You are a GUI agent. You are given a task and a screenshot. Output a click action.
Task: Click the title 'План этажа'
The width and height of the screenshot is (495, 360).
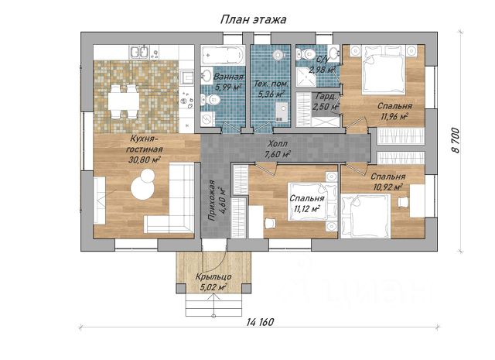[253, 19]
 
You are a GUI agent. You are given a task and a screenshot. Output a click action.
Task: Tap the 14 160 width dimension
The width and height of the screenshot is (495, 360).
[260, 322]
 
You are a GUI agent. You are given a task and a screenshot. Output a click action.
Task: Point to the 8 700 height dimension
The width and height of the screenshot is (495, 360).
[455, 140]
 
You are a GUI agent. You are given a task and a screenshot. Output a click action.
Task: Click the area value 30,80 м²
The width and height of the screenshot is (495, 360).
[145, 159]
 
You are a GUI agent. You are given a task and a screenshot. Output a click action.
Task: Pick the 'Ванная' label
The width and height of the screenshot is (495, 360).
[229, 77]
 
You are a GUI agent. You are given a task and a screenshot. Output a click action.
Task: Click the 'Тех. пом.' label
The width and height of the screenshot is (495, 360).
[271, 84]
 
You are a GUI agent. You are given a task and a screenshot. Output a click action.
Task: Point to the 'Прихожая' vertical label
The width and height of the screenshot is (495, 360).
[210, 200]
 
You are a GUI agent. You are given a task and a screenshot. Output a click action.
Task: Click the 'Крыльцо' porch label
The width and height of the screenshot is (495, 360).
[213, 277]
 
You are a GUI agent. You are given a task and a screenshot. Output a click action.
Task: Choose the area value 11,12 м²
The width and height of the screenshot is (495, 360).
[307, 208]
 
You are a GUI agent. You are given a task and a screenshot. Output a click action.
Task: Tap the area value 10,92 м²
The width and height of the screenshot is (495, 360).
[388, 187]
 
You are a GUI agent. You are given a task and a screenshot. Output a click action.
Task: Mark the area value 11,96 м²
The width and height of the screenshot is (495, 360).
[394, 117]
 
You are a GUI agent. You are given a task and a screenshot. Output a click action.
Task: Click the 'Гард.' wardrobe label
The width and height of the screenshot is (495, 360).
[323, 97]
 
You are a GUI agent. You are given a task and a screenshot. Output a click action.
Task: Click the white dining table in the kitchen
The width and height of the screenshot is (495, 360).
[123, 101]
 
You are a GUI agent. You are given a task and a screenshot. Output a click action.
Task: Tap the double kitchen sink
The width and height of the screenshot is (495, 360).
[139, 52]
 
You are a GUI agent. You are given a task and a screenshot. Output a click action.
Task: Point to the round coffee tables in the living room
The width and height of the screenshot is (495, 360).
[144, 184]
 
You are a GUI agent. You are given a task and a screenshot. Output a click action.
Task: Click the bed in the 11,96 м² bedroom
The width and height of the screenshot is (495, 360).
[384, 70]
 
